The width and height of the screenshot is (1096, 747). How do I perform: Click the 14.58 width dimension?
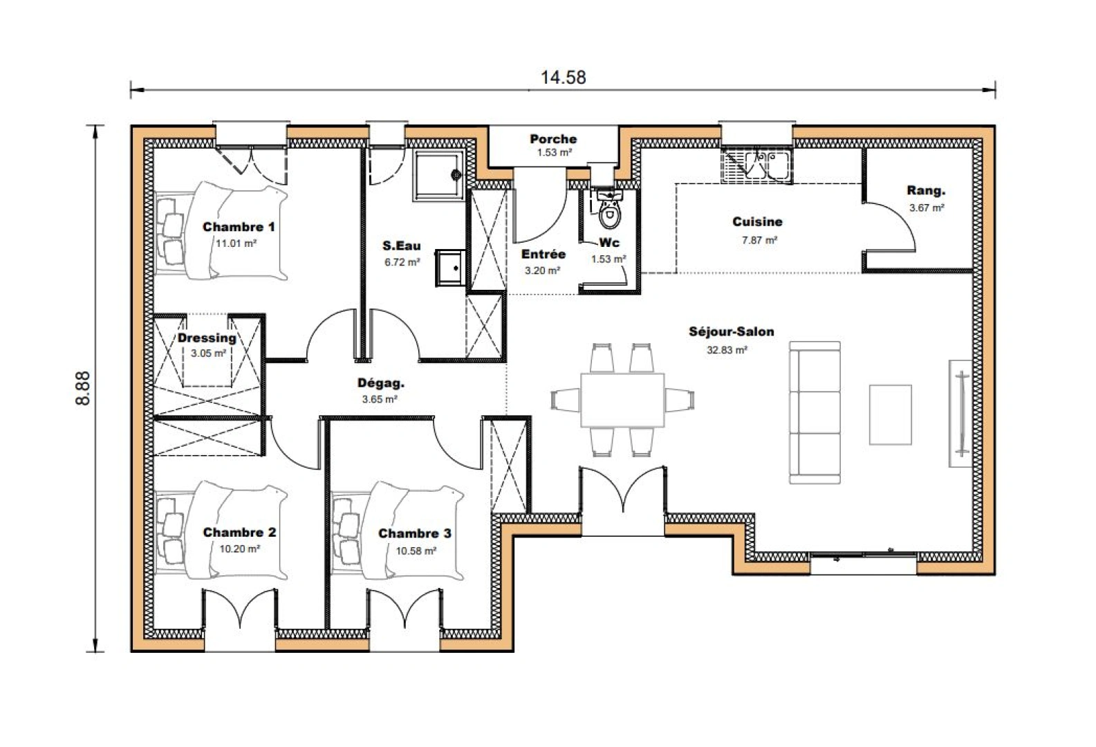pos(563,77)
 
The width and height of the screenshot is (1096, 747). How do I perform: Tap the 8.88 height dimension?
pos(83,389)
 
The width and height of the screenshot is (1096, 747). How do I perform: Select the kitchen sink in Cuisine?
pos(756,165)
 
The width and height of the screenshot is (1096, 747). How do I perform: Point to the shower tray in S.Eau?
pos(438,176)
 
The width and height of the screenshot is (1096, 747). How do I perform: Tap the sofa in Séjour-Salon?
pos(815,413)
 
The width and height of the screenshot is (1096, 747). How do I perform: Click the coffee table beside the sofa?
pos(890,414)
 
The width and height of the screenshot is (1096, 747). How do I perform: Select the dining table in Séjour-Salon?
pos(622,400)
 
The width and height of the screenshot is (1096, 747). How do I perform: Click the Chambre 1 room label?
pos(239,227)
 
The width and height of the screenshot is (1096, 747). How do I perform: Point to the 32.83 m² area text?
pos(727,350)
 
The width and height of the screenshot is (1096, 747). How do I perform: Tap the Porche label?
pos(553,139)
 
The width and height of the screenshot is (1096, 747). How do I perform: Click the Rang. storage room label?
pos(926,191)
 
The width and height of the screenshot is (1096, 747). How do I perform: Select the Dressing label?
pos(207,338)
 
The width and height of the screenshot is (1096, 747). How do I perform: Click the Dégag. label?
pos(380,383)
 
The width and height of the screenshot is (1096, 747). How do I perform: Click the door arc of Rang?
pos(899,221)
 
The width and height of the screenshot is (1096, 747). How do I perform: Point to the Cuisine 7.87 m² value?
pos(759,240)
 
